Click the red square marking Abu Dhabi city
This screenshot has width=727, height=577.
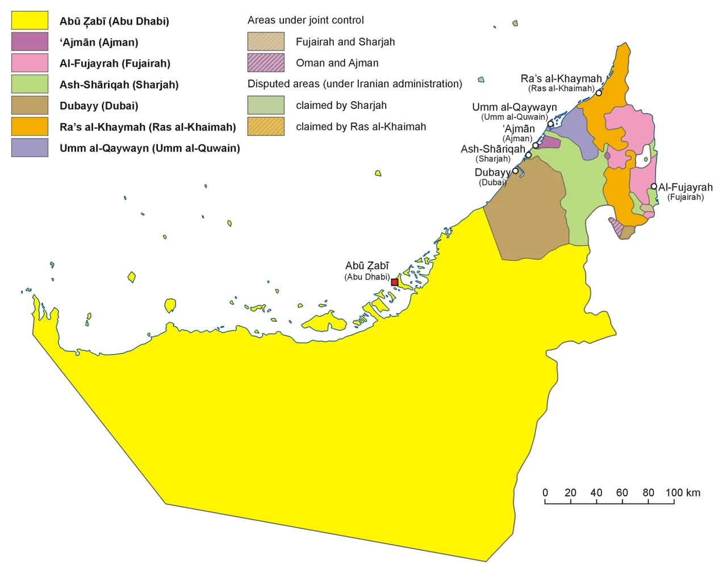click(395, 282)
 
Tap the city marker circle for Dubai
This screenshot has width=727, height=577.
click(516, 171)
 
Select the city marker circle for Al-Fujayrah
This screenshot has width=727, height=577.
click(654, 186)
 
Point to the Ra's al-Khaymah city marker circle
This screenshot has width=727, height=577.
click(599, 92)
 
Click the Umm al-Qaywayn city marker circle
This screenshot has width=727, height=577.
click(550, 124)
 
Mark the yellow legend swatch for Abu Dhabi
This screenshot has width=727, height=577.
click(30, 21)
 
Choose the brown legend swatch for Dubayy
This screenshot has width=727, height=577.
click(30, 106)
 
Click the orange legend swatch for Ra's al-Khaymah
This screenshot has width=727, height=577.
click(30, 127)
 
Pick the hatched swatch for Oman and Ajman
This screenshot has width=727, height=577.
click(266, 63)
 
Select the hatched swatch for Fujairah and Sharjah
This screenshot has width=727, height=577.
click(266, 41)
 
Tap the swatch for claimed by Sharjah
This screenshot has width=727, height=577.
click(266, 105)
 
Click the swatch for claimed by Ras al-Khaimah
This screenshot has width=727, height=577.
click(266, 127)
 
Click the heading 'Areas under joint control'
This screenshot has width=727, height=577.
click(306, 20)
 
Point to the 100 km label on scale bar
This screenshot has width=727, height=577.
click(683, 492)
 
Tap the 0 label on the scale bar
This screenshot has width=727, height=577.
click(545, 492)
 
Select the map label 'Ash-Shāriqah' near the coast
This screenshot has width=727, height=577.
click(493, 149)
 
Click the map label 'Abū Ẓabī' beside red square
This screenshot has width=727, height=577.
click(367, 266)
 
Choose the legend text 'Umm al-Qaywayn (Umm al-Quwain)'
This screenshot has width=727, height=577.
click(150, 148)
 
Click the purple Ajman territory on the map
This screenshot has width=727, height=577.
click(549, 142)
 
